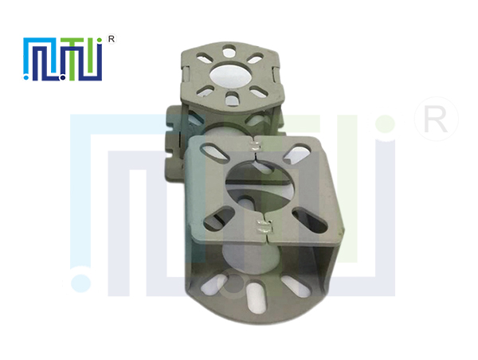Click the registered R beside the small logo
pyautogui.click(x=112, y=39)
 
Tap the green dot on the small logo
pyautogui.click(x=99, y=40)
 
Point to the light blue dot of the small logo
pyautogui.click(x=26, y=78)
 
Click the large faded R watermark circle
pyautogui.click(x=437, y=119)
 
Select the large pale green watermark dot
pyautogui.click(x=386, y=124)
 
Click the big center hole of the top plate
pyautogui.click(x=231, y=76)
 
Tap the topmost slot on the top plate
pyautogui.click(x=229, y=51)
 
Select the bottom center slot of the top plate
pyautogui.click(x=232, y=99)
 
